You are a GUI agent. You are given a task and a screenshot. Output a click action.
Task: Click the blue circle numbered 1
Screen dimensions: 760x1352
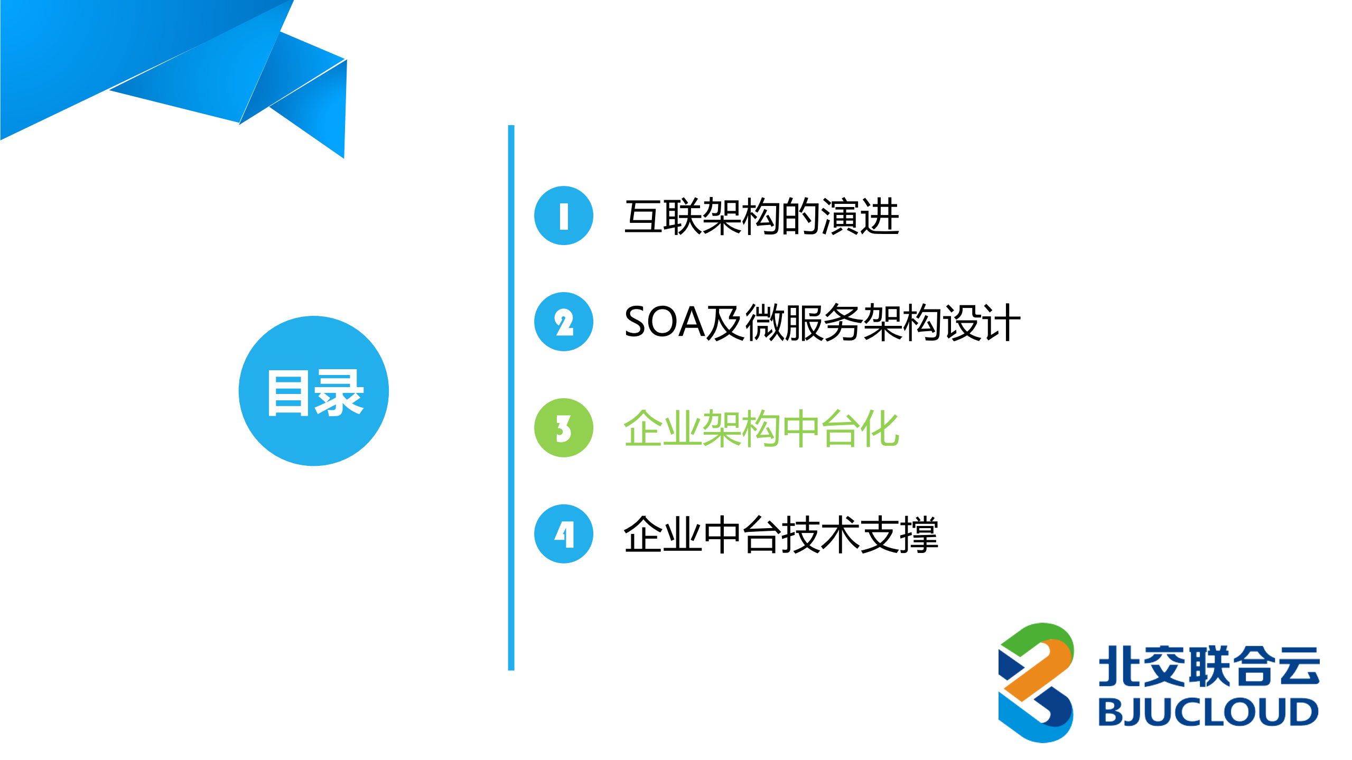click(563, 215)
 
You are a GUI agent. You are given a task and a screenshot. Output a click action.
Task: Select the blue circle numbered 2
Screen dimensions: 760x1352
click(563, 322)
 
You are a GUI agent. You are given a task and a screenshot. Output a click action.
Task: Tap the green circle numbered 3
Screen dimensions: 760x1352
click(563, 428)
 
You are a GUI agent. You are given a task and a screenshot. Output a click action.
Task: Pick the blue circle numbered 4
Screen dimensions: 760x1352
click(563, 534)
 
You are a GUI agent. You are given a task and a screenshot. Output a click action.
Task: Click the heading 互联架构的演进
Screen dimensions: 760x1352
click(761, 217)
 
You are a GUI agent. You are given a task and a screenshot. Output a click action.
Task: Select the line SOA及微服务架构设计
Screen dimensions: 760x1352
click(822, 322)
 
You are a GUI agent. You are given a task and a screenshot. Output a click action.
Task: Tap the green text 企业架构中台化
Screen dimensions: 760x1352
click(761, 428)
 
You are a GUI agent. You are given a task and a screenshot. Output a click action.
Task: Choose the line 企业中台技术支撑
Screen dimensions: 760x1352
click(780, 534)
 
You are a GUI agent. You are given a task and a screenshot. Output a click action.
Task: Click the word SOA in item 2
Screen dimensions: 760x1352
click(664, 322)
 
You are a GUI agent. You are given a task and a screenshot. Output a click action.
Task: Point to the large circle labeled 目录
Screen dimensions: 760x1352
click(314, 391)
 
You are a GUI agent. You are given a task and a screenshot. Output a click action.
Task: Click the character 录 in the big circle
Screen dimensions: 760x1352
click(339, 393)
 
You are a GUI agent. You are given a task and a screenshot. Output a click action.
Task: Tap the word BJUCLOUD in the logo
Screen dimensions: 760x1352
click(1208, 712)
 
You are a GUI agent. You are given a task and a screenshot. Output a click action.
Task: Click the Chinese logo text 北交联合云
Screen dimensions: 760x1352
click(1209, 667)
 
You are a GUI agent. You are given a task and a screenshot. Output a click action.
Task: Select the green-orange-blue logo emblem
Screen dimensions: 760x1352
click(1036, 682)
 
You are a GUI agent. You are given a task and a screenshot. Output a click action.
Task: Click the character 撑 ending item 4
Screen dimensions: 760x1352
click(919, 534)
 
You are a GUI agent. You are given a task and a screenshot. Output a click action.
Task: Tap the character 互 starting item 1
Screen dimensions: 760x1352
click(643, 217)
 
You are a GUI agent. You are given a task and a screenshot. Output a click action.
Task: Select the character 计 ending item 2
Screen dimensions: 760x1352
click(1002, 322)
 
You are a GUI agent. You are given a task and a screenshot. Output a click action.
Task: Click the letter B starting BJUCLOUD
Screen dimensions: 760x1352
click(1110, 712)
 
